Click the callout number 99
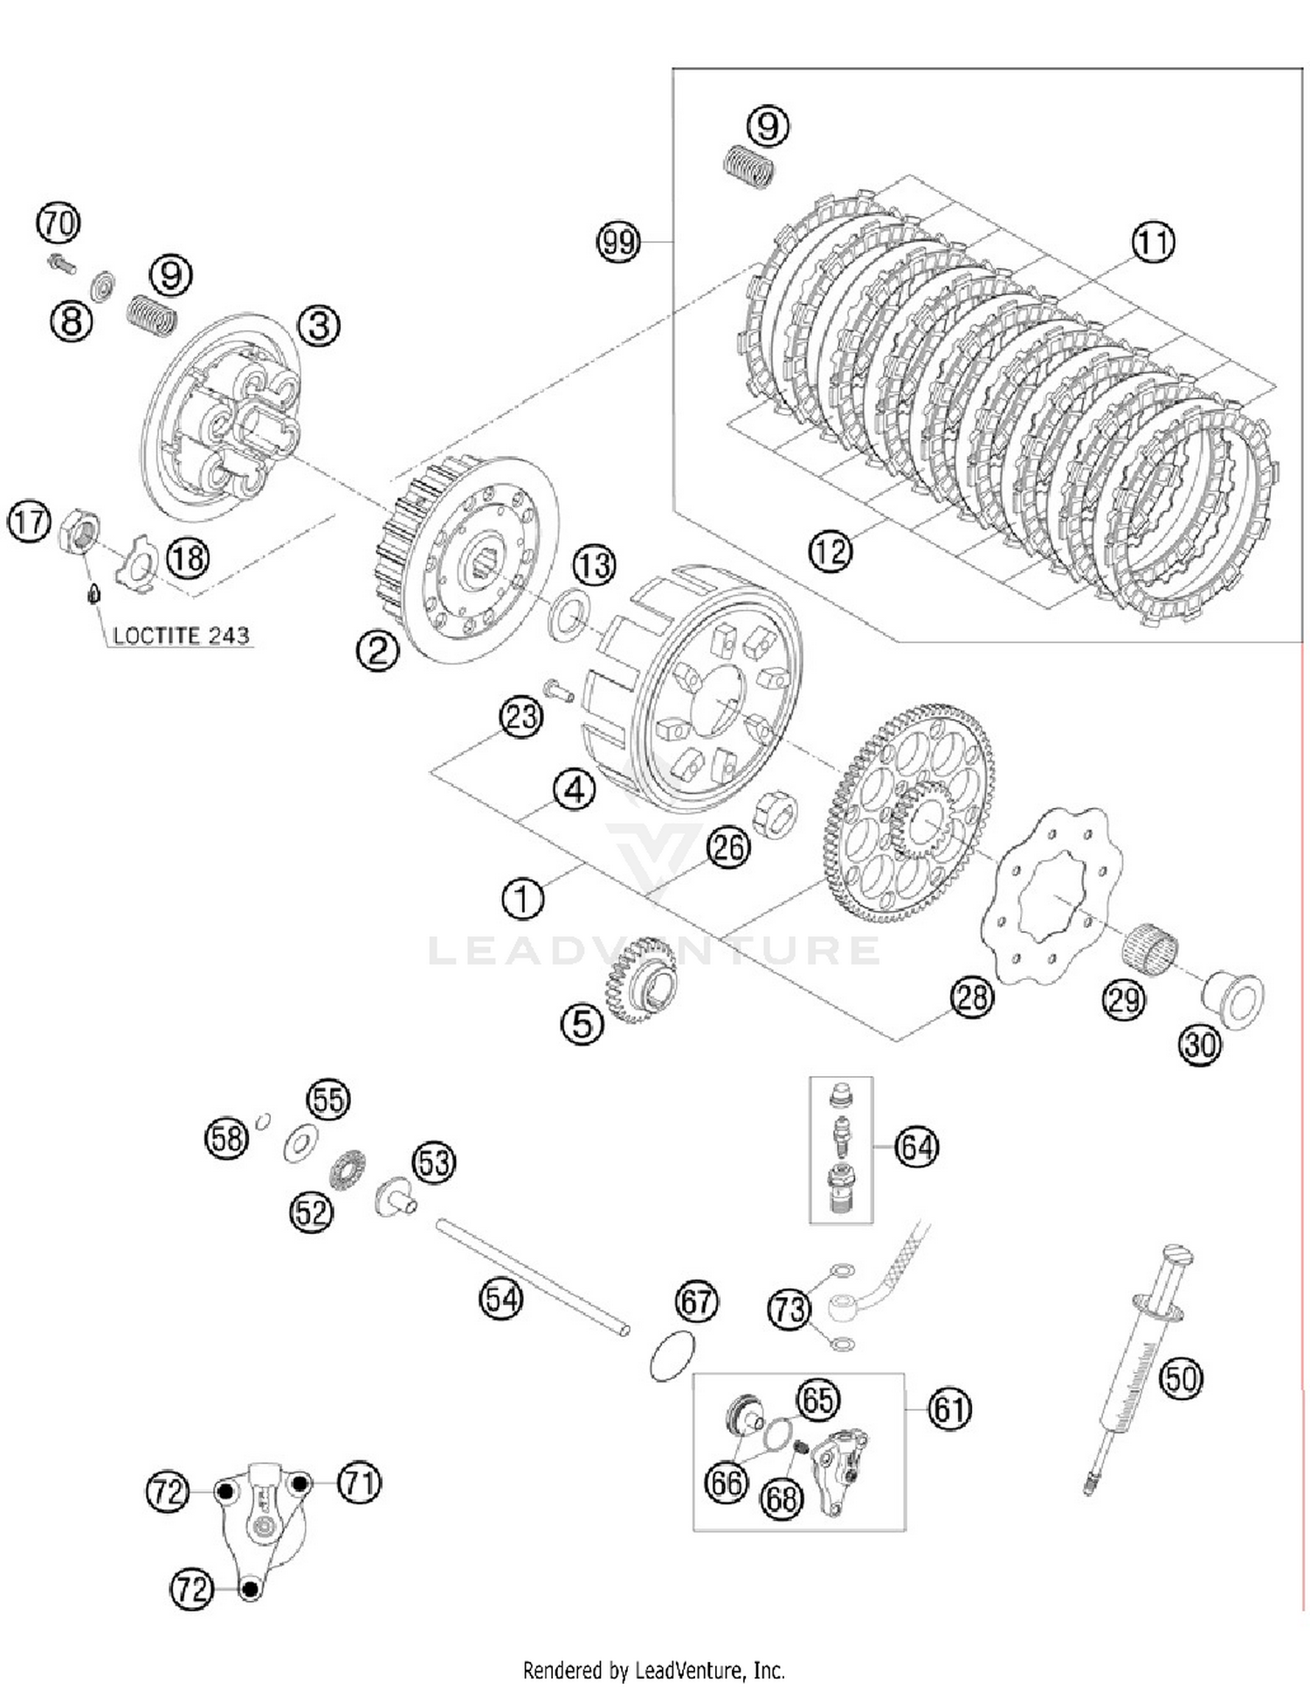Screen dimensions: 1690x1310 coord(618,241)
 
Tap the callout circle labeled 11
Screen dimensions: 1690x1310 coord(1153,242)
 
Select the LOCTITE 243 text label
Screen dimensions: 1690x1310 coord(181,636)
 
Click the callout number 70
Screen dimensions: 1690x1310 coord(58,224)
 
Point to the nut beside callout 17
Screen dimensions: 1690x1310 coord(79,530)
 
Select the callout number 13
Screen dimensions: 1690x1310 coord(594,565)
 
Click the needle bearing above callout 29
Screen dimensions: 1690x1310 coord(1148,947)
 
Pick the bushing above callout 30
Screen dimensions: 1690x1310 coord(1233,999)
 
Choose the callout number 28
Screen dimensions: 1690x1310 coord(972,997)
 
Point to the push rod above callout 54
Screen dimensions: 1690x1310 coord(532,1276)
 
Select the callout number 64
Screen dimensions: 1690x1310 coord(916,1147)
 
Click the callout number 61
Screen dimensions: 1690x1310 coord(949,1409)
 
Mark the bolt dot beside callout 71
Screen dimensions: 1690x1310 coord(300,1483)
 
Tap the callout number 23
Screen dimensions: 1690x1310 coord(521,717)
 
